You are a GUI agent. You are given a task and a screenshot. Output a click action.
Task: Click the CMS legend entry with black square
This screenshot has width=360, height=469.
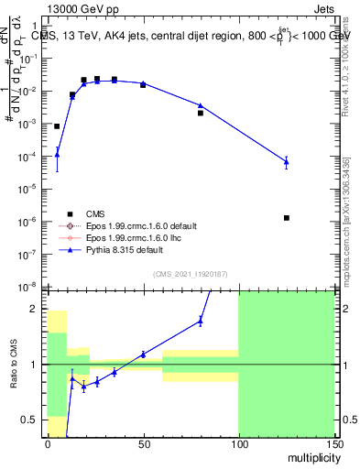(82, 212)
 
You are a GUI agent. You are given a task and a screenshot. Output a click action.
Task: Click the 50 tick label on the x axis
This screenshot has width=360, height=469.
(142, 443)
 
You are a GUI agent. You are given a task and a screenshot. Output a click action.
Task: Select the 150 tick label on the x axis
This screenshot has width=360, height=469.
(333, 443)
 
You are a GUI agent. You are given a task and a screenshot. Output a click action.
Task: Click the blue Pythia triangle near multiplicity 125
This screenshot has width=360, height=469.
(287, 162)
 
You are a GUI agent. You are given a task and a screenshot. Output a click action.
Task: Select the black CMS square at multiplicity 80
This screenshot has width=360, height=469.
(200, 113)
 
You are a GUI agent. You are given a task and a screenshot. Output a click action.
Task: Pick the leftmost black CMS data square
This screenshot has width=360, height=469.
(57, 126)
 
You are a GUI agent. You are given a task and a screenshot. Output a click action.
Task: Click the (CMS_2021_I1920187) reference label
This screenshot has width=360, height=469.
(191, 273)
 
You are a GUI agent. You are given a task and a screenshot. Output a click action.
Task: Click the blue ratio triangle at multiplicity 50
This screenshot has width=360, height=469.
(142, 354)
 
